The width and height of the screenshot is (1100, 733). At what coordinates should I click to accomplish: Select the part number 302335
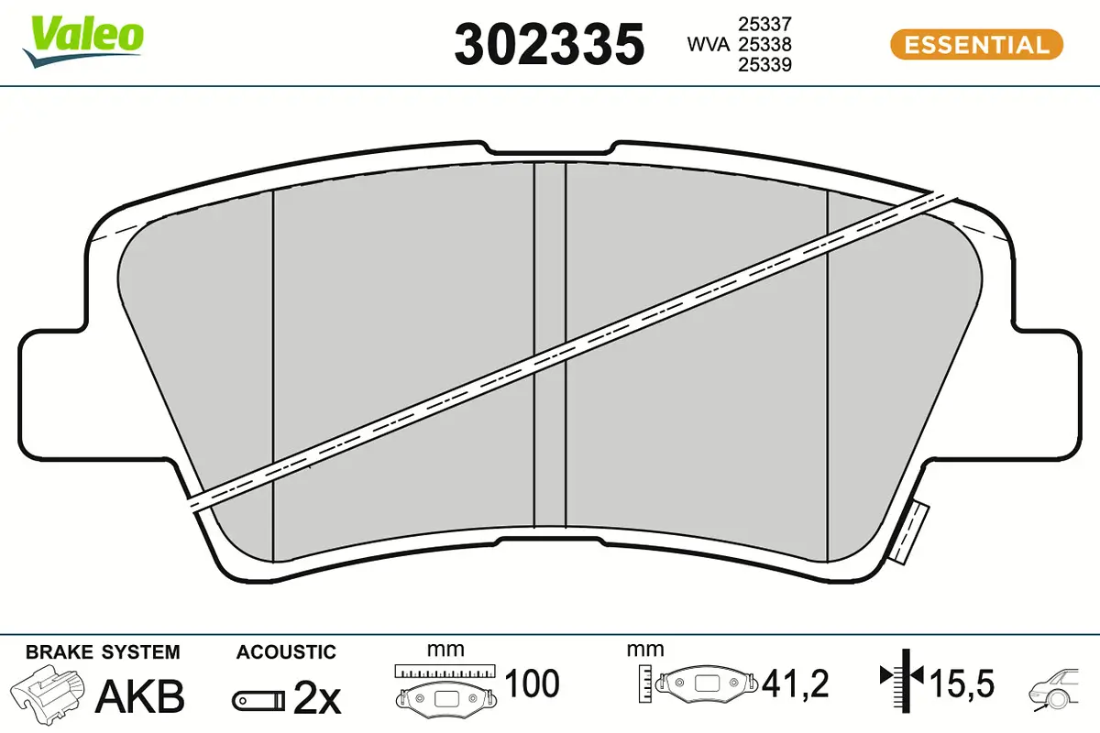[549, 44]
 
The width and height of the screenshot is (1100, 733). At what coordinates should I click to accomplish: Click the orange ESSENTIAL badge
[976, 44]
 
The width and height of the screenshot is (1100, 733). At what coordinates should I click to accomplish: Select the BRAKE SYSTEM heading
[103, 652]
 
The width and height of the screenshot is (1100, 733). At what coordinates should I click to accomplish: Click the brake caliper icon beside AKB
[50, 694]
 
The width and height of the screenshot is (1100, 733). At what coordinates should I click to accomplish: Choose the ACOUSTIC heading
[286, 652]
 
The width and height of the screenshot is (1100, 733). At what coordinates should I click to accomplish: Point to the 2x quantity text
[317, 699]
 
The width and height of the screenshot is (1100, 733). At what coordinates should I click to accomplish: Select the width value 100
[531, 684]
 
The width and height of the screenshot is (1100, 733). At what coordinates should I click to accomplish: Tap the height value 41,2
[795, 684]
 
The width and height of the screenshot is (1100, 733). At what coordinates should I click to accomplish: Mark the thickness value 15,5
[962, 684]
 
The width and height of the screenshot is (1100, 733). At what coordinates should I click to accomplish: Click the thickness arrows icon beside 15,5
[903, 679]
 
